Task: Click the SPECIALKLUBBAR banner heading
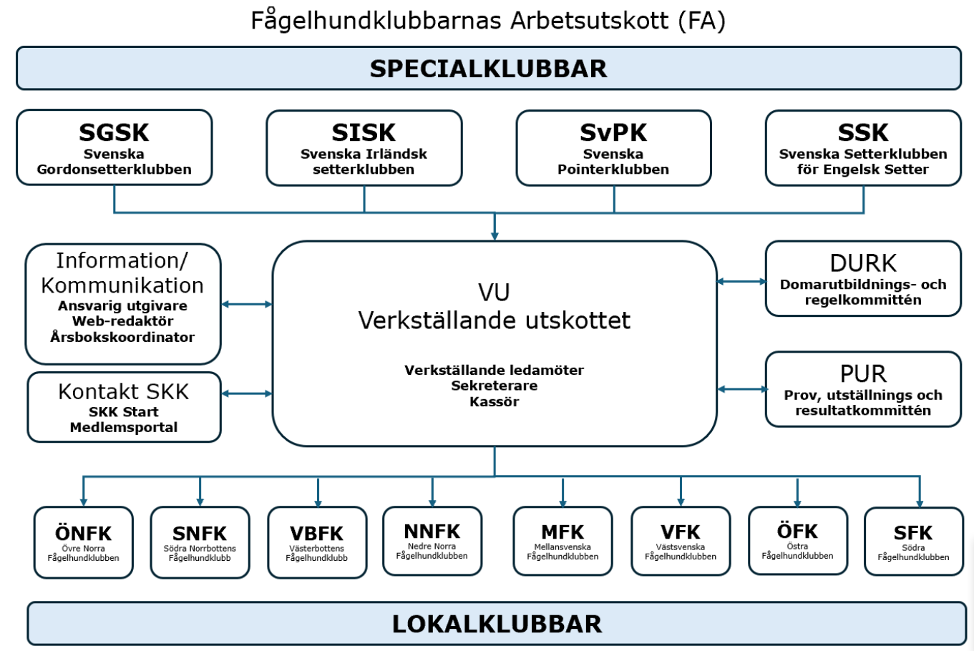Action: tap(488, 69)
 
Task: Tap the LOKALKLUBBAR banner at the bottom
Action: tap(497, 624)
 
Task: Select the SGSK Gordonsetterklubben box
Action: tap(115, 148)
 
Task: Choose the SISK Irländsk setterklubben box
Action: tap(364, 148)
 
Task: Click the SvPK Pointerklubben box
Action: tap(613, 148)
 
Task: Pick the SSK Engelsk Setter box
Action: tap(863, 148)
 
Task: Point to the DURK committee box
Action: tap(863, 278)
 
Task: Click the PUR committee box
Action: tap(863, 389)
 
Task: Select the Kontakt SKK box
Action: tap(124, 407)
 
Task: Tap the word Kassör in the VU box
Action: tap(495, 402)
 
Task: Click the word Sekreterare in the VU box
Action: tap(495, 386)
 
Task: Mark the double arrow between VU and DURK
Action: tap(741, 282)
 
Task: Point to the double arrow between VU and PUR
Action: tap(741, 389)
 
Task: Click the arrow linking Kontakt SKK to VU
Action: tap(247, 393)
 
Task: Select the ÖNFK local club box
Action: tap(84, 542)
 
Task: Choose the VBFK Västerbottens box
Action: tap(317, 542)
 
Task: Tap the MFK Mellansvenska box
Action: tap(563, 541)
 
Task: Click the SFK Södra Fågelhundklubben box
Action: tap(913, 542)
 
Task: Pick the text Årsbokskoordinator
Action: tap(122, 337)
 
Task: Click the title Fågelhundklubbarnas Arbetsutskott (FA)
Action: tap(488, 20)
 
